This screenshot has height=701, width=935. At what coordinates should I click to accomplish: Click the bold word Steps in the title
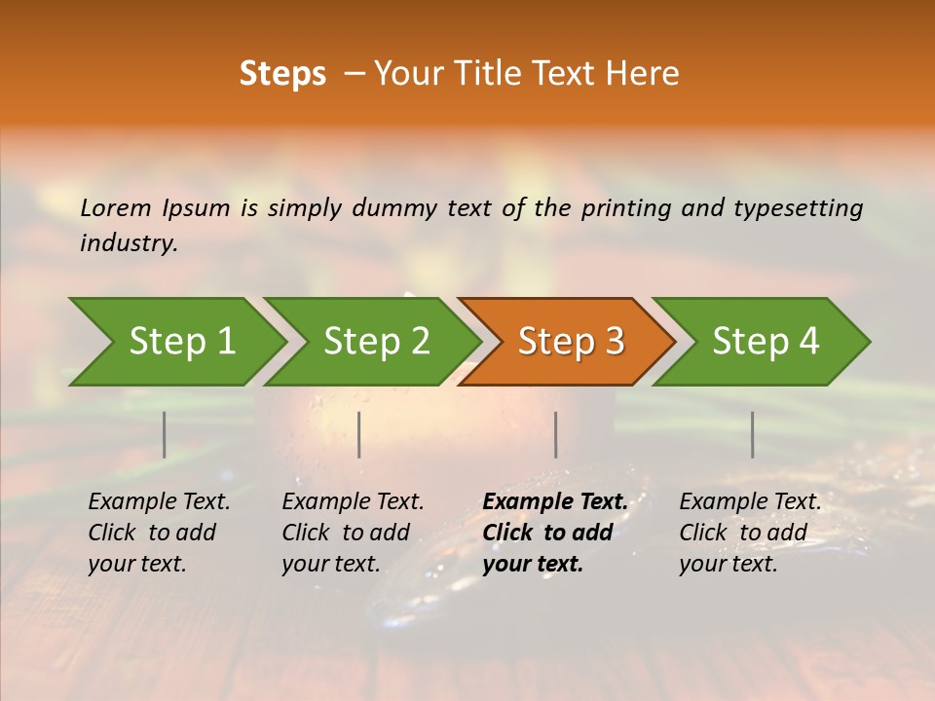pyautogui.click(x=282, y=74)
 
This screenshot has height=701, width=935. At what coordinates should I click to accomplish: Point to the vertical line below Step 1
pyautogui.click(x=165, y=434)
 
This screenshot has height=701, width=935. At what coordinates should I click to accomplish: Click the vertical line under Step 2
pyautogui.click(x=359, y=434)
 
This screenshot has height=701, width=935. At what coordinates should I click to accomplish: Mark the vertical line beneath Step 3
pyautogui.click(x=556, y=434)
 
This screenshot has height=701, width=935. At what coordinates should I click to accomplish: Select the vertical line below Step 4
pyautogui.click(x=753, y=434)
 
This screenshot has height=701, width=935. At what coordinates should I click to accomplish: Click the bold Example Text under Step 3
pyautogui.click(x=555, y=533)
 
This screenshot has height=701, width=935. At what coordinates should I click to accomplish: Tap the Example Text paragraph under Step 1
pyautogui.click(x=159, y=533)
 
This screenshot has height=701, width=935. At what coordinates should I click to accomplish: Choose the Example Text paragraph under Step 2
pyautogui.click(x=353, y=533)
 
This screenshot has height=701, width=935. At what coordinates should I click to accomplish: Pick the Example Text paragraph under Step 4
pyautogui.click(x=750, y=533)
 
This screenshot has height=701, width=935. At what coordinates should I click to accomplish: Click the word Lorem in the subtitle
pyautogui.click(x=116, y=207)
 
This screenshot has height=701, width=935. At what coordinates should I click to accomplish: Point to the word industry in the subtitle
pyautogui.click(x=128, y=242)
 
